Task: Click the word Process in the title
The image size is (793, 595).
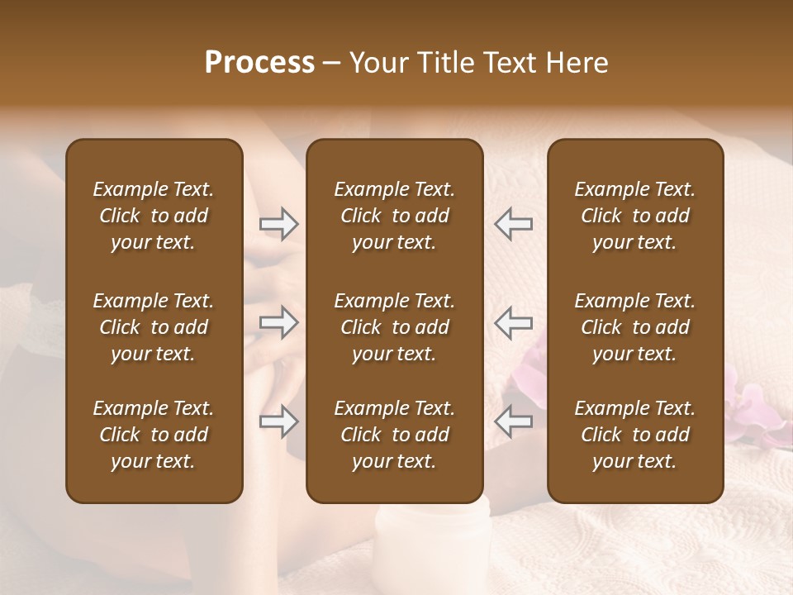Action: [259, 63]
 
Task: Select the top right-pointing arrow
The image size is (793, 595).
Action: [278, 224]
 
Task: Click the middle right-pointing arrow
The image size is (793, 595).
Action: [278, 322]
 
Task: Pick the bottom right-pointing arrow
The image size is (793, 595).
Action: [278, 421]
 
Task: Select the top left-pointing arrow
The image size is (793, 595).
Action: [514, 224]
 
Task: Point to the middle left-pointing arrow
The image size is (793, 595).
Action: [514, 322]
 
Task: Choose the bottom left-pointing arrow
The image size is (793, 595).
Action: [514, 421]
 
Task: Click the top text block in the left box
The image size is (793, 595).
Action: [154, 216]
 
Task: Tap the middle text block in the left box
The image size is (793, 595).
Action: [154, 327]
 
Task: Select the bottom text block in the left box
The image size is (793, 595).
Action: [154, 435]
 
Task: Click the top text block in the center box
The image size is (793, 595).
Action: [394, 216]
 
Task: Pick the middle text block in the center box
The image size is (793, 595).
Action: [394, 327]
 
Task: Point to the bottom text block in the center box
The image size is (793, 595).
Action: [394, 435]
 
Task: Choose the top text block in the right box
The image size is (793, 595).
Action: [635, 216]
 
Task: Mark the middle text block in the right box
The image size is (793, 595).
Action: [635, 327]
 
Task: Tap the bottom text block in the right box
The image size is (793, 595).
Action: [635, 435]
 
